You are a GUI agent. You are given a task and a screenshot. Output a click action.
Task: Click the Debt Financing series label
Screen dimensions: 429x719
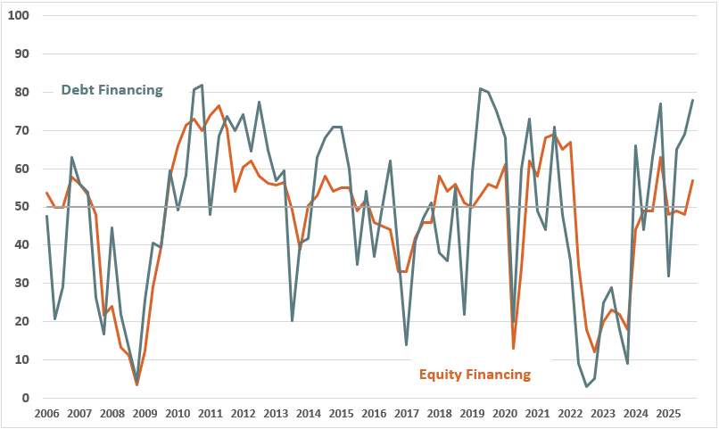(x=112, y=90)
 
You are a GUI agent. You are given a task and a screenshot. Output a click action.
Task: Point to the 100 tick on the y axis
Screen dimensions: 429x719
(x=19, y=16)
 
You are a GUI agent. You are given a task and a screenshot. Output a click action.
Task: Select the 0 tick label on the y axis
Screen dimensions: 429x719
(x=26, y=399)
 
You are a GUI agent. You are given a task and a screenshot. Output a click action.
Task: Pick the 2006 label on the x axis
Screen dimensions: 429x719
(x=46, y=414)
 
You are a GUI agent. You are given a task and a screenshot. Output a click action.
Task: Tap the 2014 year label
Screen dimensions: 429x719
(x=309, y=414)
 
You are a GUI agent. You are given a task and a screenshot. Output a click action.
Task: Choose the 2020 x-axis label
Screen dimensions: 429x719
(x=505, y=414)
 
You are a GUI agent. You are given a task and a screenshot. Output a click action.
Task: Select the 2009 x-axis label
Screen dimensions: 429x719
(x=145, y=414)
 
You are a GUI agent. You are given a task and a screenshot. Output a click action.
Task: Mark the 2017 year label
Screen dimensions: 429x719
(x=407, y=414)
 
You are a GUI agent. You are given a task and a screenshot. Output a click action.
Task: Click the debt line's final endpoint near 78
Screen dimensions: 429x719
(x=693, y=100)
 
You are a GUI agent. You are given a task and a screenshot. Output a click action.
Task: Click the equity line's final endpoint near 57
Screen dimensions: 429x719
(x=693, y=181)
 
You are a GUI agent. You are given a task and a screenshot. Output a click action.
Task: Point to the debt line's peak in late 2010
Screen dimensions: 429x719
(x=202, y=85)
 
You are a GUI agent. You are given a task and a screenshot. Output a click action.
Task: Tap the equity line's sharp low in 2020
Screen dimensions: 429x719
(x=513, y=348)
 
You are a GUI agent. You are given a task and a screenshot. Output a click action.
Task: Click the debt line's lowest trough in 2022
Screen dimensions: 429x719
(x=587, y=386)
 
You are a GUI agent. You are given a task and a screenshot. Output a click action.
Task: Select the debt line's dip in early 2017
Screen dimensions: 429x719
(x=407, y=345)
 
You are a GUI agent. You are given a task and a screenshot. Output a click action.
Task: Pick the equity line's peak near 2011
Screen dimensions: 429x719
(x=219, y=105)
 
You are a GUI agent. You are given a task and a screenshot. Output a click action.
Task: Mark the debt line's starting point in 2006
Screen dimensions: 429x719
(x=46, y=216)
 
